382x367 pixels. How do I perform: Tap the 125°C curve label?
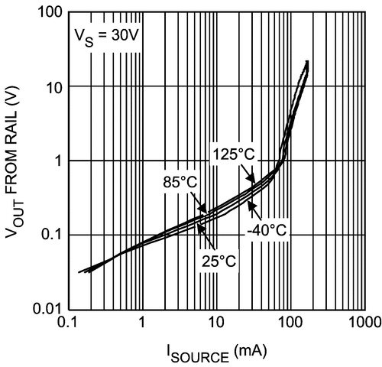[234, 154]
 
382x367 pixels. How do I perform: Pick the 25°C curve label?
[219, 261]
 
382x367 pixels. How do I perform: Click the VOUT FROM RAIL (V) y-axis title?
[17, 161]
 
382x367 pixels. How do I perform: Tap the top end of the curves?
[307, 62]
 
